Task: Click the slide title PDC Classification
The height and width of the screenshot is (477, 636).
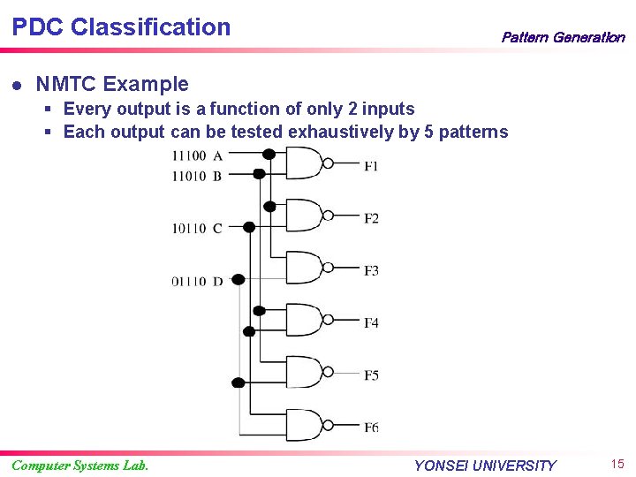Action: click(x=121, y=27)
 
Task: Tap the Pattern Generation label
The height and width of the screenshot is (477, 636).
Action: click(x=563, y=37)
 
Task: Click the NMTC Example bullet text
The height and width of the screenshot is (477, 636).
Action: click(x=112, y=84)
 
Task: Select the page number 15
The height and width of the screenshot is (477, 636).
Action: click(x=617, y=464)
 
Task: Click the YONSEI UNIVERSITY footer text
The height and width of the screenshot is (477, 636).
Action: click(x=485, y=466)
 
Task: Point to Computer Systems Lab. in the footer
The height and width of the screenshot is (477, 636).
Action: click(x=79, y=466)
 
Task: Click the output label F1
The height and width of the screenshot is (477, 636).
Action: click(x=371, y=165)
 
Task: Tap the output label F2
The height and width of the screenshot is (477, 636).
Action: click(x=371, y=217)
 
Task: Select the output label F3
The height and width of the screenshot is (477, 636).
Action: click(x=371, y=270)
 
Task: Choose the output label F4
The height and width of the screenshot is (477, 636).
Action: click(x=371, y=322)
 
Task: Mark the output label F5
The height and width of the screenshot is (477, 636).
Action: click(x=371, y=375)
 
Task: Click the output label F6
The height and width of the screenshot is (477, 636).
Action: click(x=371, y=428)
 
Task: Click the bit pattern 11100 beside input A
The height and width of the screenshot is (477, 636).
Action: click(x=189, y=156)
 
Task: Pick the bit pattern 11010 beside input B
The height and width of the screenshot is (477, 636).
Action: click(x=189, y=176)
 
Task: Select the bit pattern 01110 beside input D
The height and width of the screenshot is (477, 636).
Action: click(x=189, y=282)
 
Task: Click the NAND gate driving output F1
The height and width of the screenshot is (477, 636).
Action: click(x=303, y=163)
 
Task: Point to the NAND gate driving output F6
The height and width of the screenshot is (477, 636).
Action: click(x=303, y=426)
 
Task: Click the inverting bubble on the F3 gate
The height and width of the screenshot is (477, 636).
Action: click(x=328, y=269)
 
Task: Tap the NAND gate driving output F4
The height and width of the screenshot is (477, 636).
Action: click(x=303, y=321)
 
